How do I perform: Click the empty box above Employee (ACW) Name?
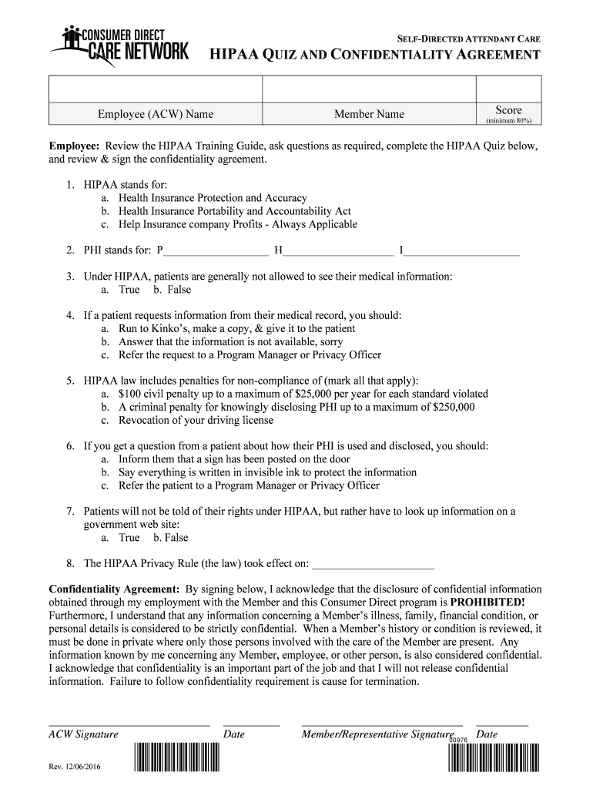[156, 89]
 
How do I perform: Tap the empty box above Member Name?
[369, 89]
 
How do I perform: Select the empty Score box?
[508, 89]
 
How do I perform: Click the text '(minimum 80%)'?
[508, 121]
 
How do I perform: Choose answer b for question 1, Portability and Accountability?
[235, 211]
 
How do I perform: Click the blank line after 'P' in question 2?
[216, 250]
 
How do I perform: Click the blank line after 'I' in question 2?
[463, 250]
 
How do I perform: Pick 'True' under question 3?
[129, 290]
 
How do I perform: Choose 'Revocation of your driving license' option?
[196, 420]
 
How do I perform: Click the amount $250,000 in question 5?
[449, 407]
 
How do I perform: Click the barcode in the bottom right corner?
[493, 758]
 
